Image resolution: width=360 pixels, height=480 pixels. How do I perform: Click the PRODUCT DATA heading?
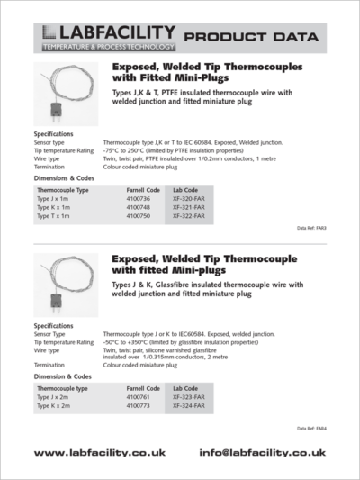point(250,38)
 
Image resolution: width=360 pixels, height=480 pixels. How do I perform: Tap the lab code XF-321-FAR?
point(189,208)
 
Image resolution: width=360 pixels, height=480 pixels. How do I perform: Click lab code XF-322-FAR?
point(189,217)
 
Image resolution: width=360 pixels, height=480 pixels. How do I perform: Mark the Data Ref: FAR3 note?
point(311,229)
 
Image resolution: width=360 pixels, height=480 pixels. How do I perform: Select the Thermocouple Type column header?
point(63,190)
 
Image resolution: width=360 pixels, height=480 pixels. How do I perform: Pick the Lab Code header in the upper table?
point(186,190)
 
